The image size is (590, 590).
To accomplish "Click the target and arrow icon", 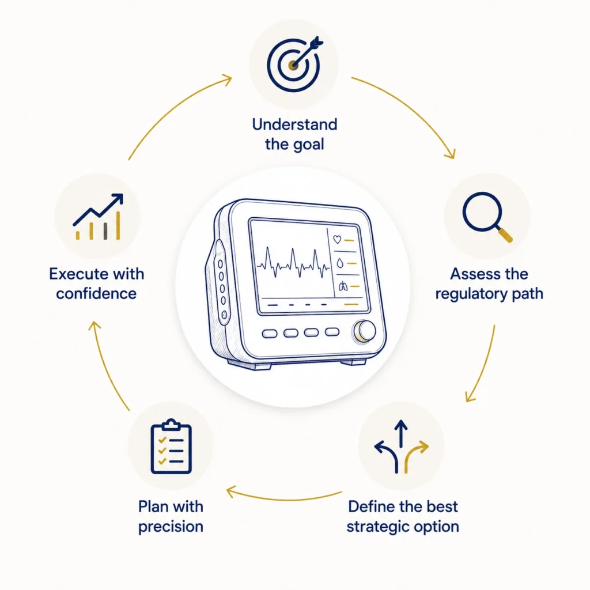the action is click(x=294, y=64).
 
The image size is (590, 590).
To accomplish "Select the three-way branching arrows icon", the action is click(x=401, y=447).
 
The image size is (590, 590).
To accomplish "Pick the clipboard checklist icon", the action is click(x=171, y=447).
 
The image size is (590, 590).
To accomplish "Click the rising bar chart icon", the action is click(x=98, y=217).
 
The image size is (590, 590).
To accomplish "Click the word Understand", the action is click(x=294, y=124).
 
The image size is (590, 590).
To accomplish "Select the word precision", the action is click(x=171, y=527).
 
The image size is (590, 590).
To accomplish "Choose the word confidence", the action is click(x=96, y=294).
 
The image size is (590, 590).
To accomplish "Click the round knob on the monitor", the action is click(x=364, y=332).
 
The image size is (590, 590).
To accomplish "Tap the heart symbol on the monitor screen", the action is click(x=337, y=239).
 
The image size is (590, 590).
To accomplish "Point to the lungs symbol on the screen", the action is click(x=343, y=287).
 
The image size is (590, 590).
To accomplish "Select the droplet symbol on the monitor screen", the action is click(x=340, y=263).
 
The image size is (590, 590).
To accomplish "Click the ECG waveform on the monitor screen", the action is click(x=293, y=263).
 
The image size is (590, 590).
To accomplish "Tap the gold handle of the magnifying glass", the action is click(x=505, y=235).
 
